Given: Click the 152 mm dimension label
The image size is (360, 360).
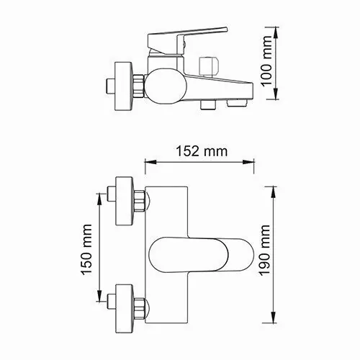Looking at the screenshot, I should click(201, 151).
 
